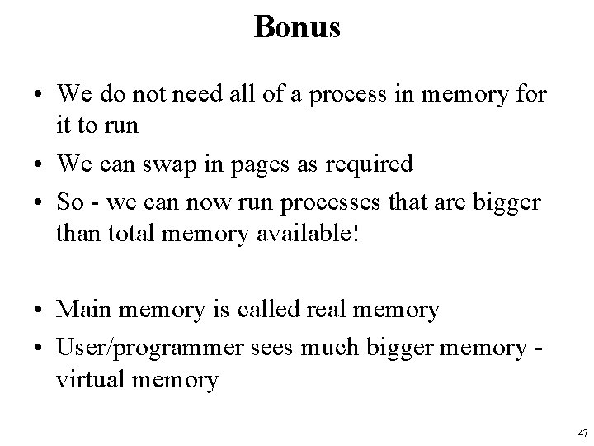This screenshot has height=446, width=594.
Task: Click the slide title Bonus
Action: coord(297,27)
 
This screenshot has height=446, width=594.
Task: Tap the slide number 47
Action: coord(583,433)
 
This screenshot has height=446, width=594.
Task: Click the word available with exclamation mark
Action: coord(317,234)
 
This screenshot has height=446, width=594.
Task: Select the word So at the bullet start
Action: coord(68,200)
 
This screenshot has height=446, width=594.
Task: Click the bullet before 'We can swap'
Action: coord(39,165)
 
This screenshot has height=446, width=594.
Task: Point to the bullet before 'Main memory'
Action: coord(39,311)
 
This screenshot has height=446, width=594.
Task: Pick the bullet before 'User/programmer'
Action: coord(39,345)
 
